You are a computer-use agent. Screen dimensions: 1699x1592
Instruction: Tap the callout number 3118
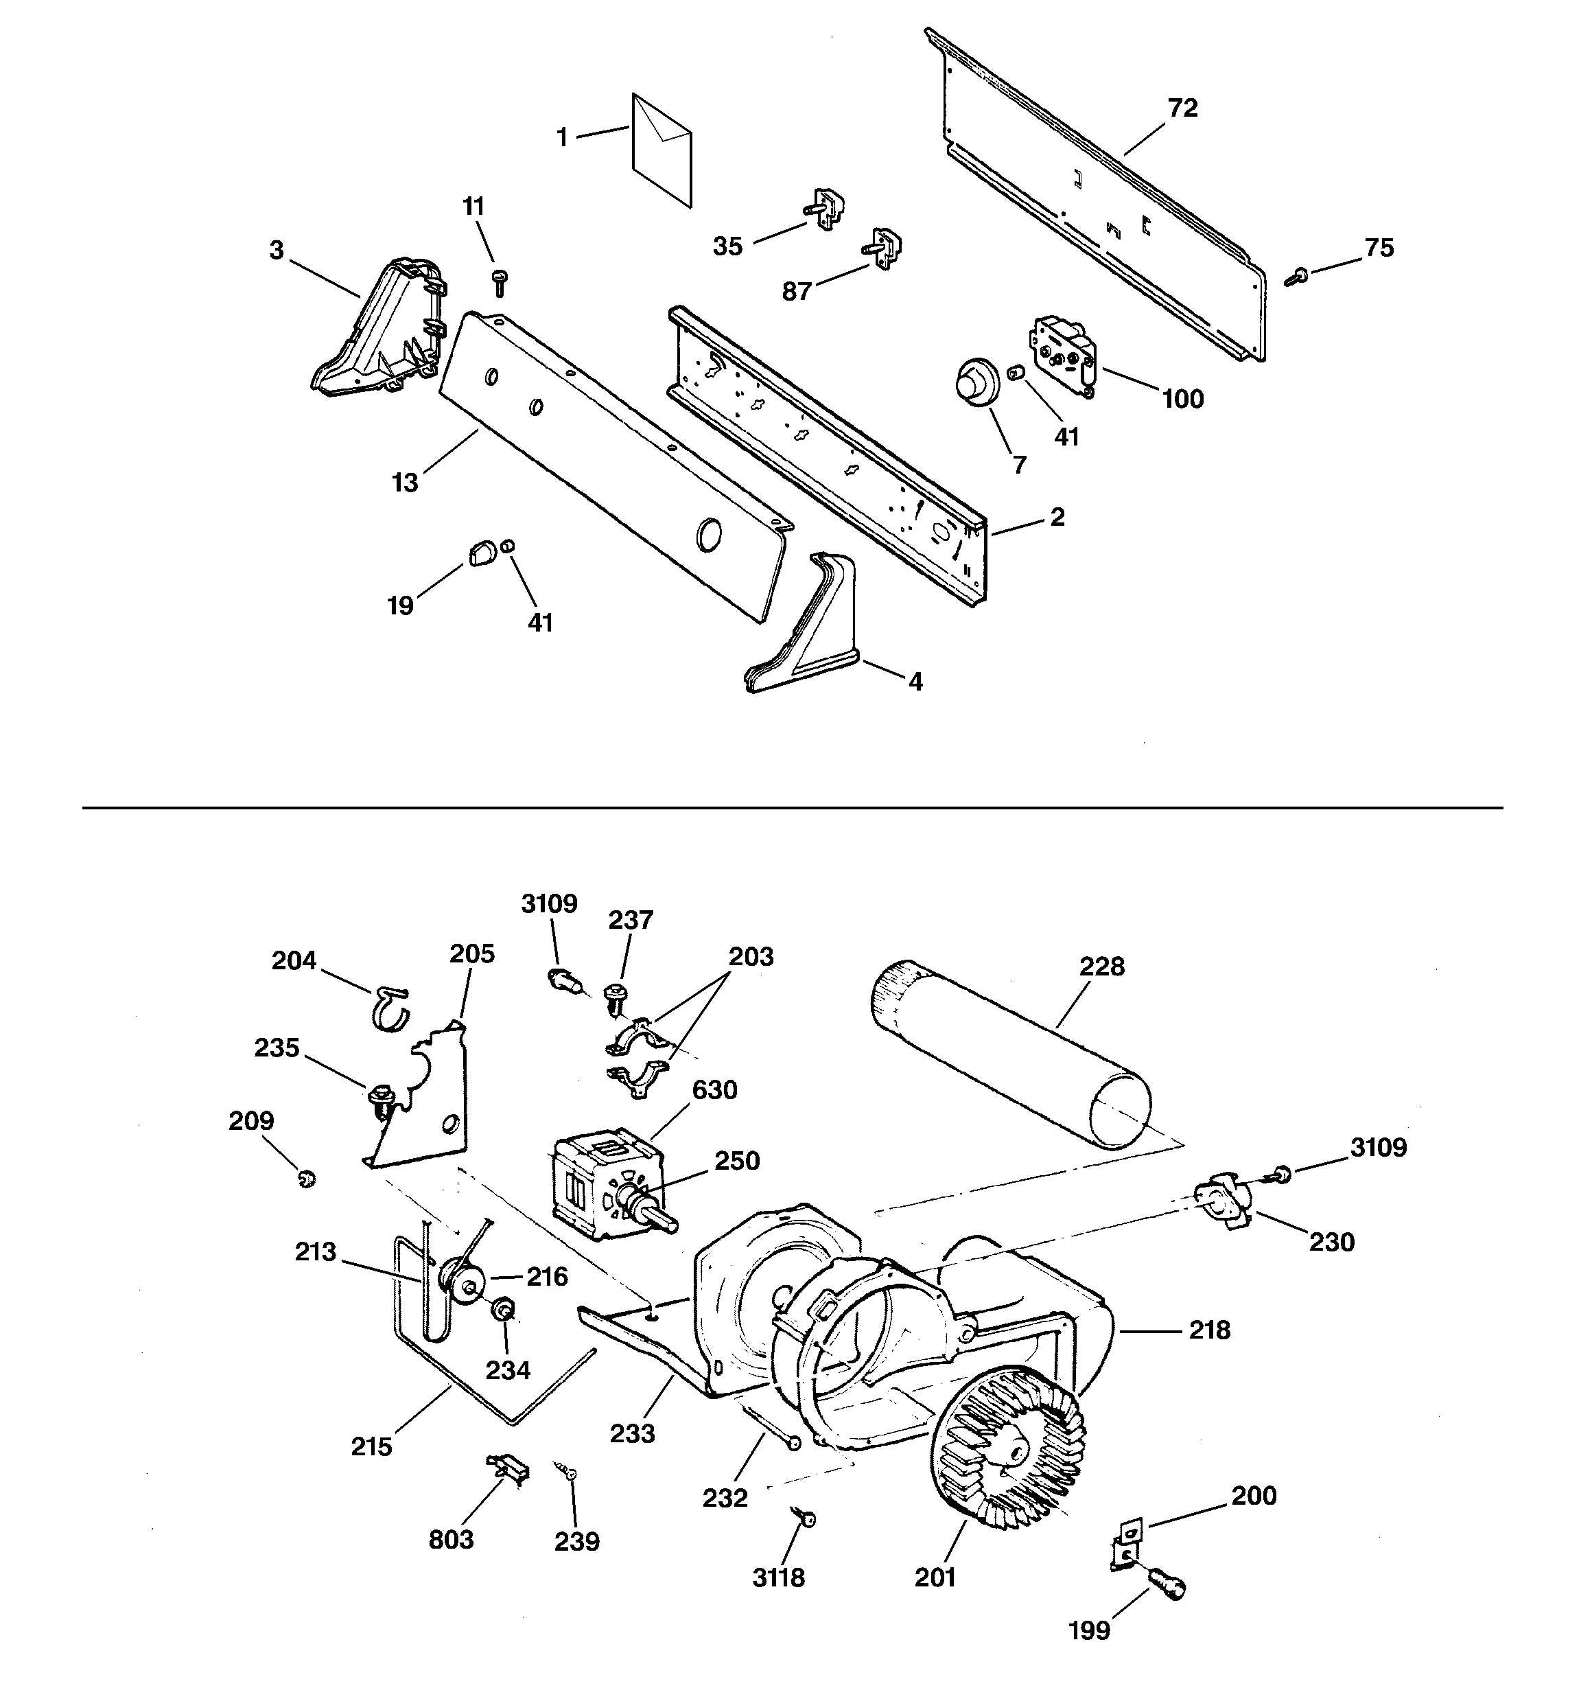[x=778, y=1577]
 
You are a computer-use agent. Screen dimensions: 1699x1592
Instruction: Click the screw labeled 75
[x=1297, y=275]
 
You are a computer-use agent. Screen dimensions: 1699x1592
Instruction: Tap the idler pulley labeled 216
[x=463, y=1283]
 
